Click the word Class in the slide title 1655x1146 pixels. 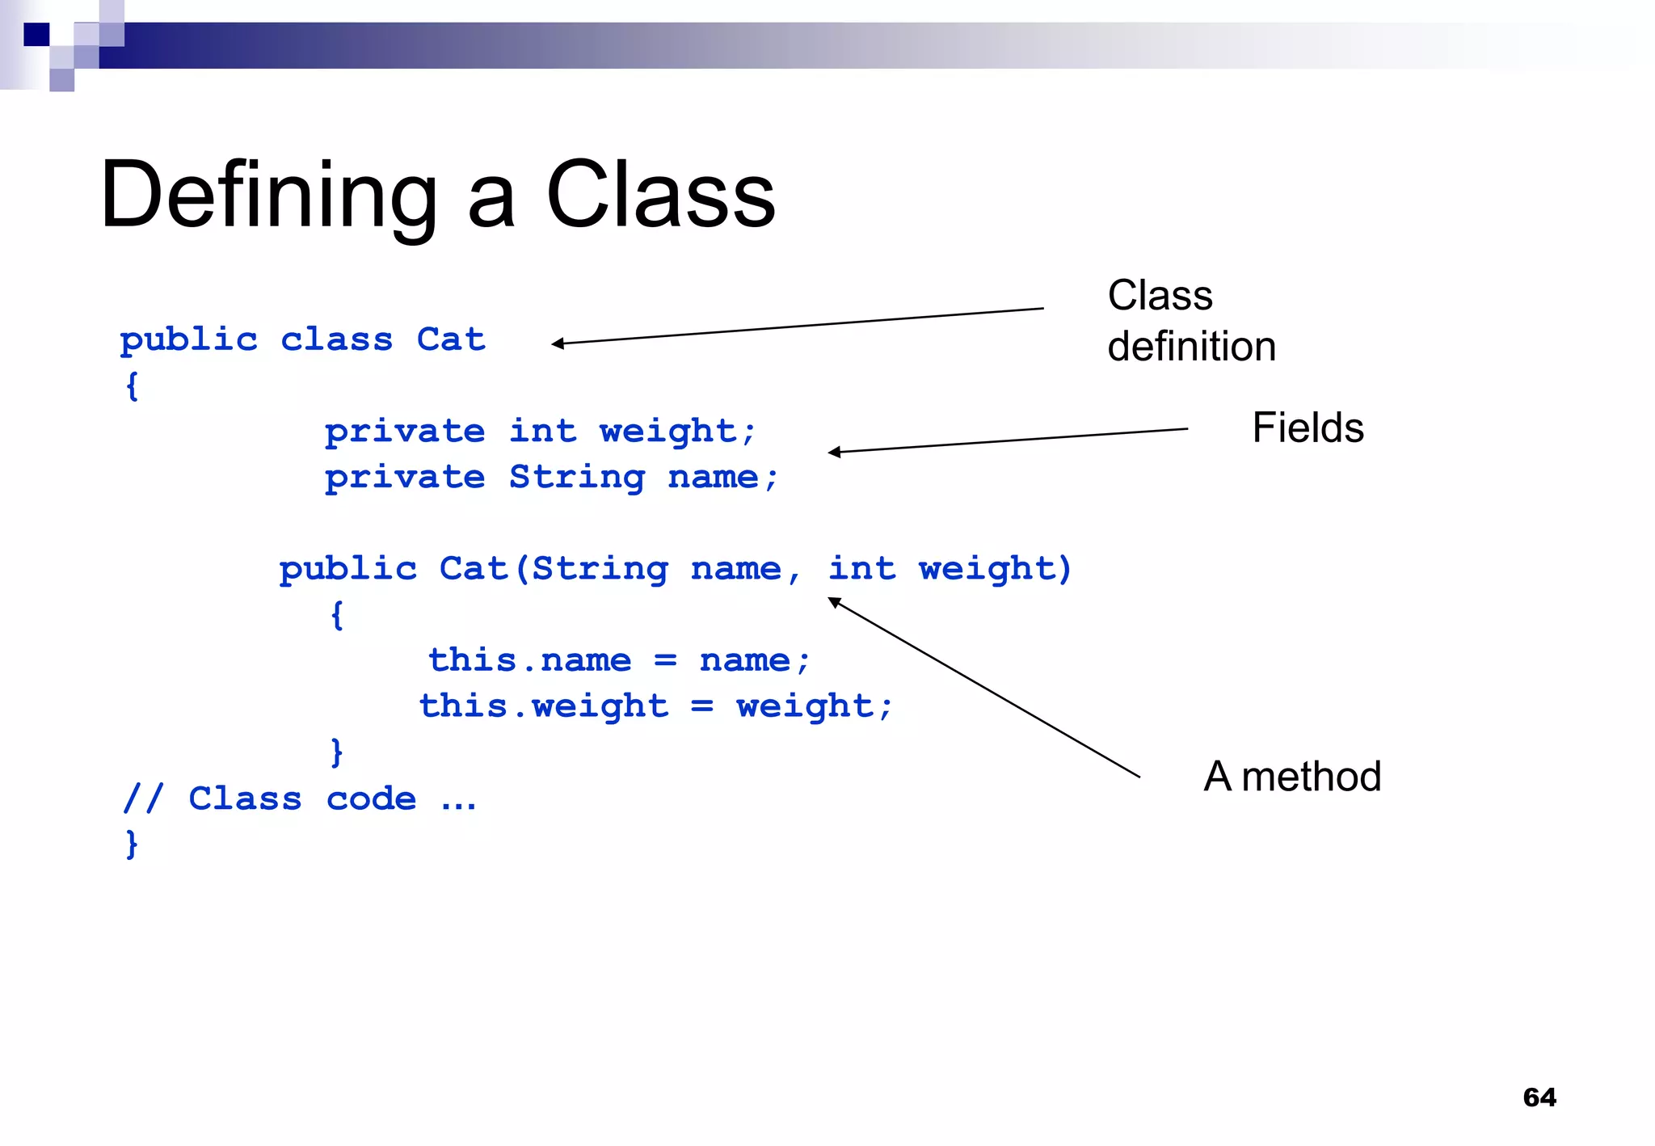660,195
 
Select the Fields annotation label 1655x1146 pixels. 1308,428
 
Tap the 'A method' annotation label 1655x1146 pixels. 1292,777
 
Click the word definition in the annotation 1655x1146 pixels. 1191,347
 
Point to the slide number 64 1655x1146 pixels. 1539,1097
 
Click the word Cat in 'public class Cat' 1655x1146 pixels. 451,339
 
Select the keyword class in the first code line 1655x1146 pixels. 336,339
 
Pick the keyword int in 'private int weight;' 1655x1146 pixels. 542,431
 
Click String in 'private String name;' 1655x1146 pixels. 576,477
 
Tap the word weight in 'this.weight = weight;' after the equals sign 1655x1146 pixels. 805,706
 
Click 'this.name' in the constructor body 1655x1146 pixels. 529,660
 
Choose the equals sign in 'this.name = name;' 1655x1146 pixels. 665,661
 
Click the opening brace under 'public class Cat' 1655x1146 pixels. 132,386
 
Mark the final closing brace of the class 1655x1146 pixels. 132,844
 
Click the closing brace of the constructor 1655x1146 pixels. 337,752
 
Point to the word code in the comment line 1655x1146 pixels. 371,798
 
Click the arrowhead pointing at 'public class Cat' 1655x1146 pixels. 558,343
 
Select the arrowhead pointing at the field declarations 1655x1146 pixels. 834,452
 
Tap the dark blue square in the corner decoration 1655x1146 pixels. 36,35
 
